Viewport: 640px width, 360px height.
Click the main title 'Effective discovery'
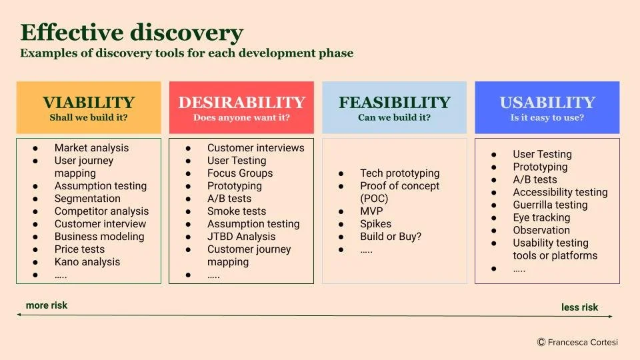(131, 33)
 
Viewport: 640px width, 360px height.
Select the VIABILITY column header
(89, 103)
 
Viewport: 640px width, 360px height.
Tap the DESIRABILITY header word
(241, 103)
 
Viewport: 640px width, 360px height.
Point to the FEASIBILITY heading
(394, 103)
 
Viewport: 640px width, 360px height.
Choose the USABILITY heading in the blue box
(547, 103)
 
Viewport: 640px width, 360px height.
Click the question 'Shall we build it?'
(89, 118)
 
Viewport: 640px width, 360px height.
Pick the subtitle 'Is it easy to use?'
(547, 118)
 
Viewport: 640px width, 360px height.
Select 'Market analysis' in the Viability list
(91, 148)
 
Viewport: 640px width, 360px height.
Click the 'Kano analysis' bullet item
(87, 262)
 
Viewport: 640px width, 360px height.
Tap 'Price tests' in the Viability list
(79, 249)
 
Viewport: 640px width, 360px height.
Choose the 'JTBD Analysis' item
(241, 237)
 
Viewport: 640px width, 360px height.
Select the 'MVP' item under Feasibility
(371, 211)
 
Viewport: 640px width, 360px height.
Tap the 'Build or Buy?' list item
(391, 237)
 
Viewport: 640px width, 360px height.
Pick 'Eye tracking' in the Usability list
(541, 217)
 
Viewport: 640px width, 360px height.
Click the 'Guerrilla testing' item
(550, 205)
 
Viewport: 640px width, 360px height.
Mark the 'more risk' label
(47, 305)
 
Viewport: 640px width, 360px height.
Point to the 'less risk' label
(579, 307)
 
